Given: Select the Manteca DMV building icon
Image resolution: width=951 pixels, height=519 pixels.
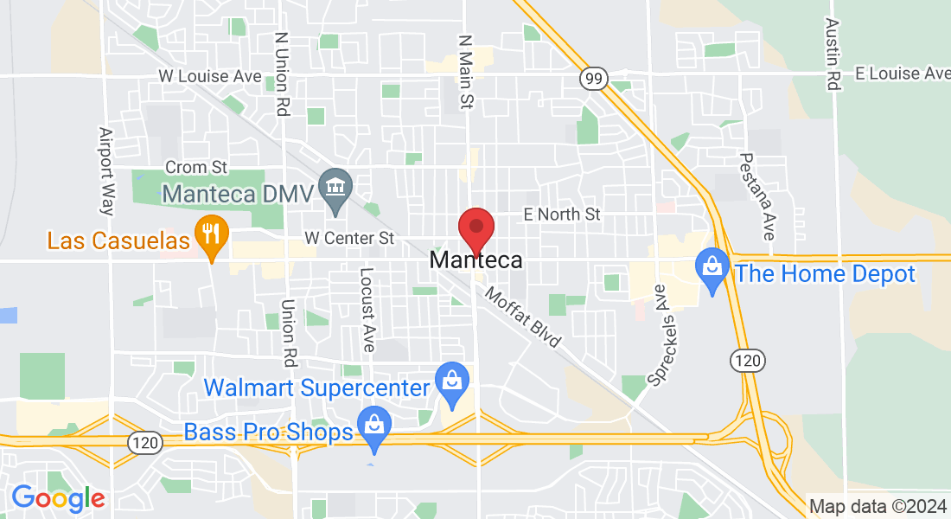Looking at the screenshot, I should click(332, 184).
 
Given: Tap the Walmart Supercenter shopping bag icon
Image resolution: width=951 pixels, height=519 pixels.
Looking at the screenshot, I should click(451, 378).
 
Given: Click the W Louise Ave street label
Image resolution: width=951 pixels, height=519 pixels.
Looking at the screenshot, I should click(210, 76).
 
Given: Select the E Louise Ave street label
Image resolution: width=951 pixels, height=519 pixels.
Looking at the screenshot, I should click(903, 74).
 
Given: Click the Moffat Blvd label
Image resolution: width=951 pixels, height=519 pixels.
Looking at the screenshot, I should click(523, 317).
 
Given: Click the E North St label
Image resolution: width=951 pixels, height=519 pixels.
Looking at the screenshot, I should click(561, 214).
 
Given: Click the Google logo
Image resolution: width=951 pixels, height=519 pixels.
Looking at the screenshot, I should click(57, 498).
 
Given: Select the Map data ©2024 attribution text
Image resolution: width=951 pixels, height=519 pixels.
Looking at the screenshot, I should click(877, 506).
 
